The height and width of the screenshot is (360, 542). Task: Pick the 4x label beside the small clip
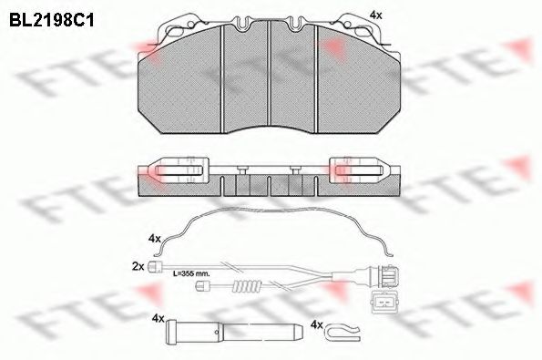(x=316, y=324)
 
